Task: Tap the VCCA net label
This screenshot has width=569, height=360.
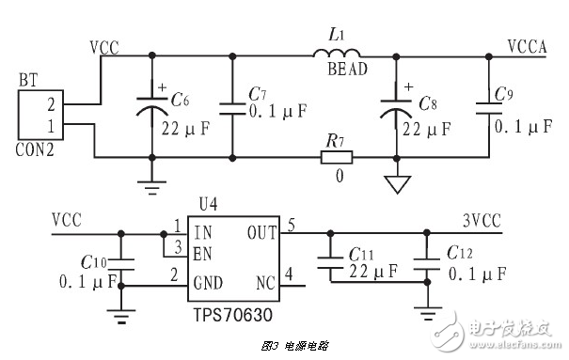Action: point(527,44)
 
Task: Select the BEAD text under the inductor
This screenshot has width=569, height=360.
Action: point(346,70)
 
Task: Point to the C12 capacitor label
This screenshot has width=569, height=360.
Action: point(461,254)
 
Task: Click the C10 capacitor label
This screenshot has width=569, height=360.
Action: point(93,262)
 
